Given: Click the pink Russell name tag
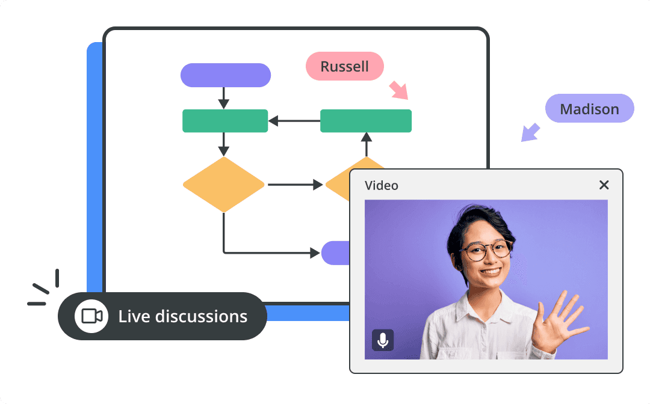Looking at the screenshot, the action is (344, 66).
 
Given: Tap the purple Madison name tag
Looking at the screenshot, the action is (589, 108).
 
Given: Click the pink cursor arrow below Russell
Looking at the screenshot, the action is (399, 90).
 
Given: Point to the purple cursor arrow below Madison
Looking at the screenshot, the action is (530, 132).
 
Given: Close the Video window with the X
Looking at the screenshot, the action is (604, 185).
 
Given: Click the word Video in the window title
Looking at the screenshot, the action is (382, 185).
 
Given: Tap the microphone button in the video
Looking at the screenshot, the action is (383, 340).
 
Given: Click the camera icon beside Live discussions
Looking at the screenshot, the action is (91, 316).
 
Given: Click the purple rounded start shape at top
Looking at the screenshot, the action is (226, 75).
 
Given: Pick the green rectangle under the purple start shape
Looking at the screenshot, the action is (225, 121).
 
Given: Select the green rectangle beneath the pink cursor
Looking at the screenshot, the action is (366, 121).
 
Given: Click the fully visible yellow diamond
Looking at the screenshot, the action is (224, 185).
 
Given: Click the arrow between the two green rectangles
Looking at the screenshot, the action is (294, 121).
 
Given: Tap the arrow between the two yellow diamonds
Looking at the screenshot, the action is (295, 185).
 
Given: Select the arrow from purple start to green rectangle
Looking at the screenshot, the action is (224, 98).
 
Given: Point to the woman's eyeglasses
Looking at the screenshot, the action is (486, 249).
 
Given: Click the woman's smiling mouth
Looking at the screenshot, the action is (490, 272).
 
